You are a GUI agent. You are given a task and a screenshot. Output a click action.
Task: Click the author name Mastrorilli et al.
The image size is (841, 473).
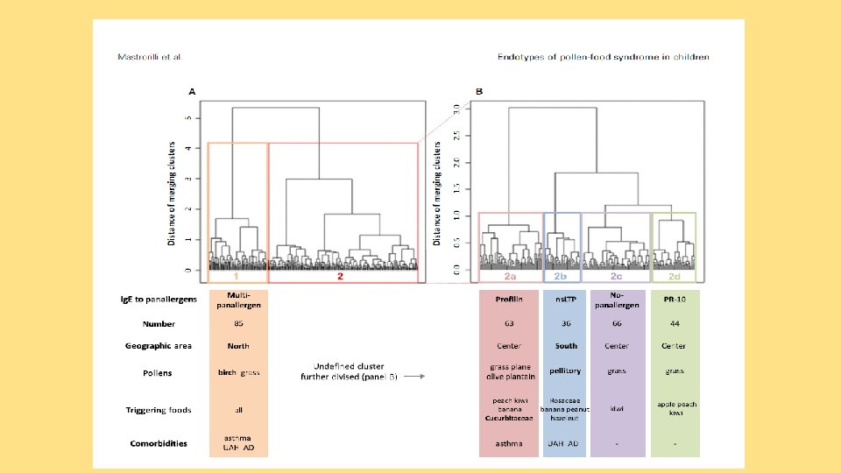click(149, 57)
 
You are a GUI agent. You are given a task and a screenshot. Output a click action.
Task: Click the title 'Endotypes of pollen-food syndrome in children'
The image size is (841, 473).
click(604, 57)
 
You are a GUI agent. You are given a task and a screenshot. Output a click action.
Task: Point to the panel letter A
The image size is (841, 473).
click(192, 91)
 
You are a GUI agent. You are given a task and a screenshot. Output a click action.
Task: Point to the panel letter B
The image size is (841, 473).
click(478, 91)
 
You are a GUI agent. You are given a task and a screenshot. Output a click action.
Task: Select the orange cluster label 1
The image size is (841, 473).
click(237, 276)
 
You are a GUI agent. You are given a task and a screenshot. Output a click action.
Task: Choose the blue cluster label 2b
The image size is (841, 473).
click(561, 276)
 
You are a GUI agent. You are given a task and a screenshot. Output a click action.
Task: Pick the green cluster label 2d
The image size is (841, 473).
click(674, 276)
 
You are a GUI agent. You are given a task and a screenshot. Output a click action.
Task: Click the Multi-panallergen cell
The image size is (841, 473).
click(237, 300)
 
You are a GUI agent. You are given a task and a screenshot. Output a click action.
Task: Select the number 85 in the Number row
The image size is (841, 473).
click(237, 324)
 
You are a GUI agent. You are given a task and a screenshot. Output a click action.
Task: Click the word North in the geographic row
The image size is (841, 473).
click(237, 346)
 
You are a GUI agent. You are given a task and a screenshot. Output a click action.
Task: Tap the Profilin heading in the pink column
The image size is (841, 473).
click(509, 300)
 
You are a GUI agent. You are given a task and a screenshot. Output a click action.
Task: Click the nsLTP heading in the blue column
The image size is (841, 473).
click(566, 300)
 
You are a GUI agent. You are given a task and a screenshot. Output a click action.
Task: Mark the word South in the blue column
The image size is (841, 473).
click(566, 346)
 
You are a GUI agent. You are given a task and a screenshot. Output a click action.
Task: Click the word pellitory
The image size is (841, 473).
click(566, 371)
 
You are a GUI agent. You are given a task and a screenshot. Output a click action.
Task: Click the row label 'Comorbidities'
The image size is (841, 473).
click(159, 443)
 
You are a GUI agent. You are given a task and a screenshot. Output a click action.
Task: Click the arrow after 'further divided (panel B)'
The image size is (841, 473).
click(414, 378)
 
